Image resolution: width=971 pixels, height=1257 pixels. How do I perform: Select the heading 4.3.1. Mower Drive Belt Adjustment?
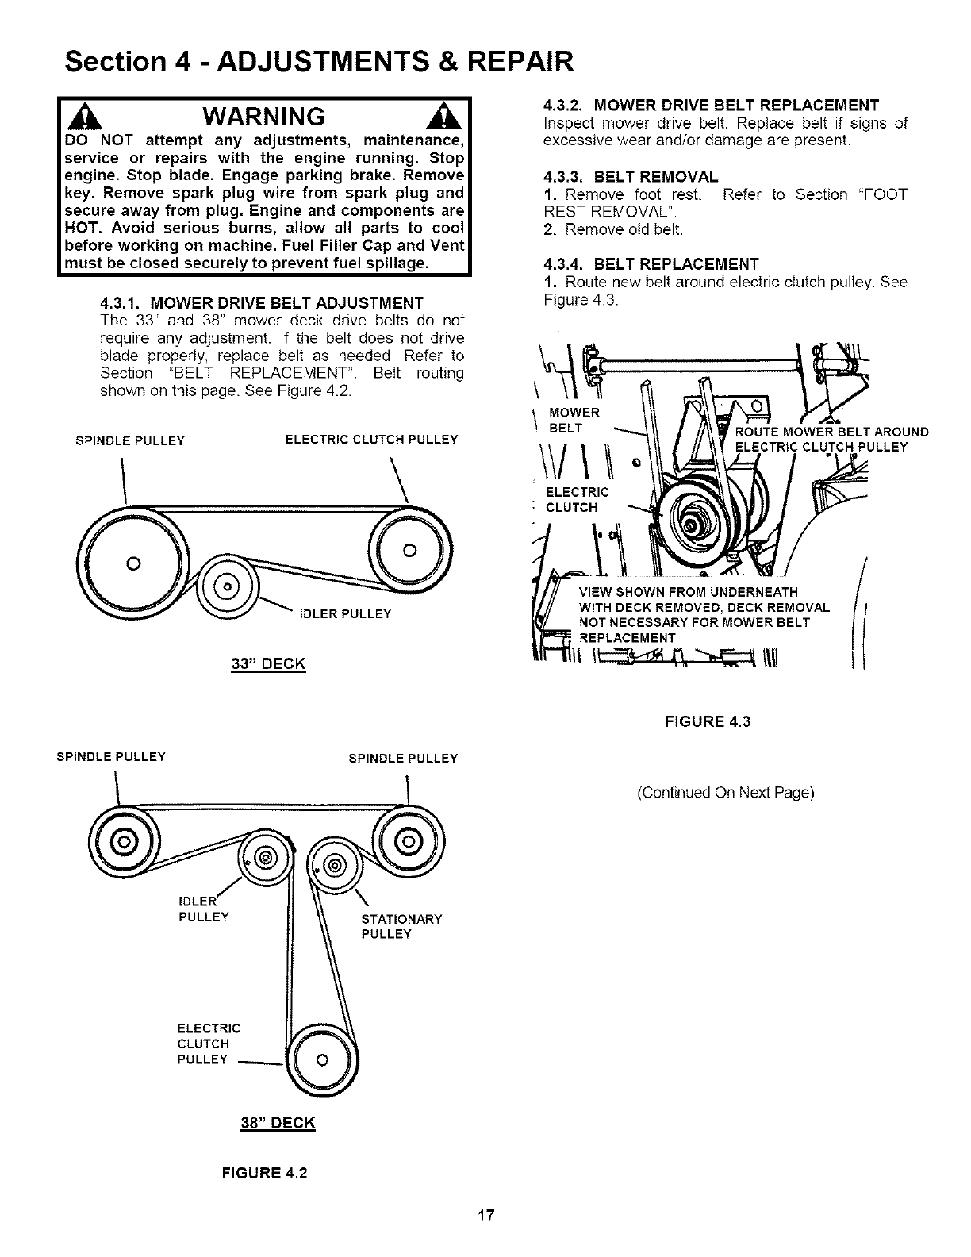(262, 303)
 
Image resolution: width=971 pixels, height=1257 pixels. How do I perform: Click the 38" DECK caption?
(278, 1123)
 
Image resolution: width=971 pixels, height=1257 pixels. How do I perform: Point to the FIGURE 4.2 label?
(267, 1173)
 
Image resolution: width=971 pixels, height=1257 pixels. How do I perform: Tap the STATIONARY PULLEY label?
(401, 926)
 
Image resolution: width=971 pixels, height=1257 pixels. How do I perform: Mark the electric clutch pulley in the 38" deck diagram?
(322, 1060)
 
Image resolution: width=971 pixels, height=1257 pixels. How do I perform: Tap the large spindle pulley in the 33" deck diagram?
(133, 563)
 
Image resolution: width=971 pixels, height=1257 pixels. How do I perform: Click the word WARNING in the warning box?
(263, 117)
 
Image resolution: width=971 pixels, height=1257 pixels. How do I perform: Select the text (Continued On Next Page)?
(725, 793)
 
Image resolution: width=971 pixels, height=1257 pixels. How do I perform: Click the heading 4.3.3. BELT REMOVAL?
(631, 176)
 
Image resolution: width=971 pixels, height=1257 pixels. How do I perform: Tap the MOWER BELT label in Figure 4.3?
(574, 421)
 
